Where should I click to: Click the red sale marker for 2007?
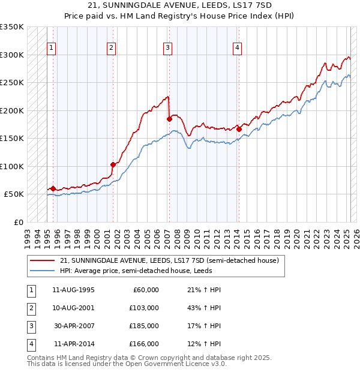click(x=169, y=119)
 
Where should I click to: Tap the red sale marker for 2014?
click(x=239, y=129)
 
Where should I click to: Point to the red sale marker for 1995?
click(x=53, y=188)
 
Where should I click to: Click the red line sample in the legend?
click(x=42, y=261)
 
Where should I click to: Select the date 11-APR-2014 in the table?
click(x=74, y=344)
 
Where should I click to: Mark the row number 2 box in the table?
click(x=29, y=308)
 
